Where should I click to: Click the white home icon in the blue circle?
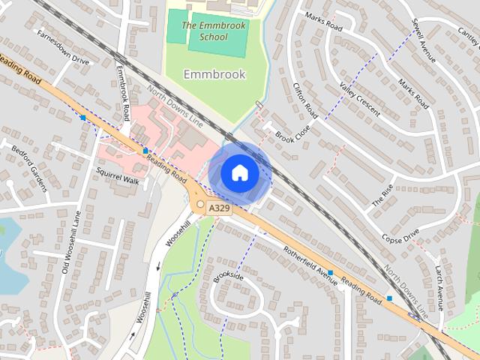coord(239,172)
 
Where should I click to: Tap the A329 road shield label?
coord(220,208)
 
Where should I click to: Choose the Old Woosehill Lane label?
coord(67,247)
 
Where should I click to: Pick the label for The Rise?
coord(382,196)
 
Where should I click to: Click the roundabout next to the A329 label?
coord(200,205)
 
